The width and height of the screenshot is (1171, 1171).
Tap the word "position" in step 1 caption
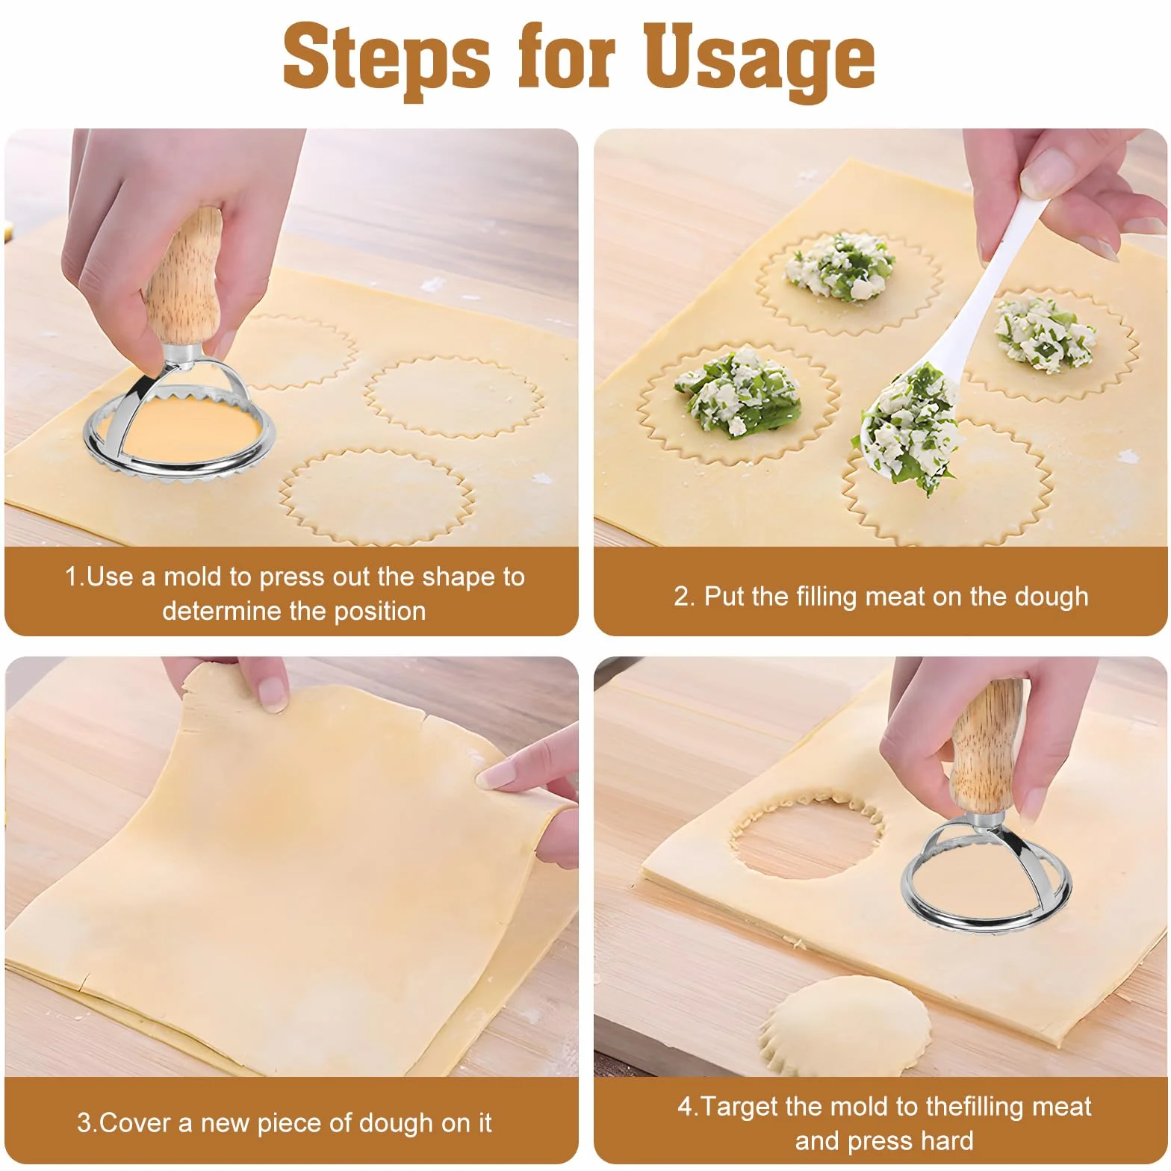click(x=380, y=611)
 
